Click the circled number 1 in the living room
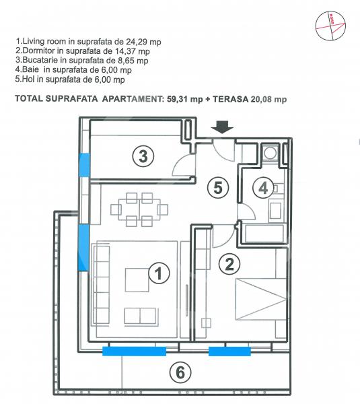click(x=159, y=273)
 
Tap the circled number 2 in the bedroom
click(x=229, y=263)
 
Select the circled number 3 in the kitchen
click(x=143, y=156)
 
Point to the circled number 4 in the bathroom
click(x=263, y=188)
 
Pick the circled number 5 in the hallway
click(x=218, y=188)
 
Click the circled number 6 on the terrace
click(x=180, y=372)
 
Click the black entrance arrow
click(x=222, y=127)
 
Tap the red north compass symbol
click(x=330, y=26)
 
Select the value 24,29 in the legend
click(x=135, y=42)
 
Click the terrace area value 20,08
click(x=261, y=99)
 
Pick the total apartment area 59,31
click(x=177, y=99)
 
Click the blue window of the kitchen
click(x=84, y=165)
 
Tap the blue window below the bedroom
click(x=229, y=351)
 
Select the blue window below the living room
click(x=134, y=351)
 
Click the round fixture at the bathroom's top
click(x=270, y=153)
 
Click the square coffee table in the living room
click(x=137, y=280)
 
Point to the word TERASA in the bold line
click(x=230, y=99)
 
